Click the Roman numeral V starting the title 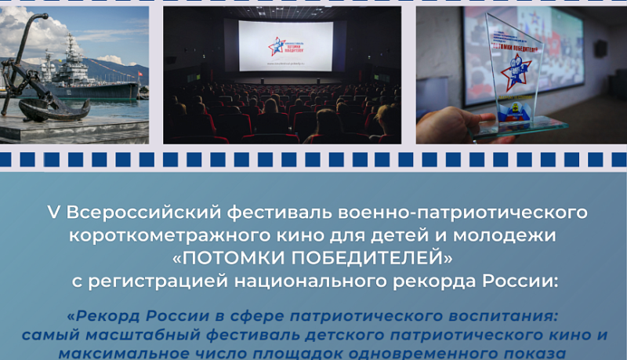coord(53,213)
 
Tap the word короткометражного coord(170,235)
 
